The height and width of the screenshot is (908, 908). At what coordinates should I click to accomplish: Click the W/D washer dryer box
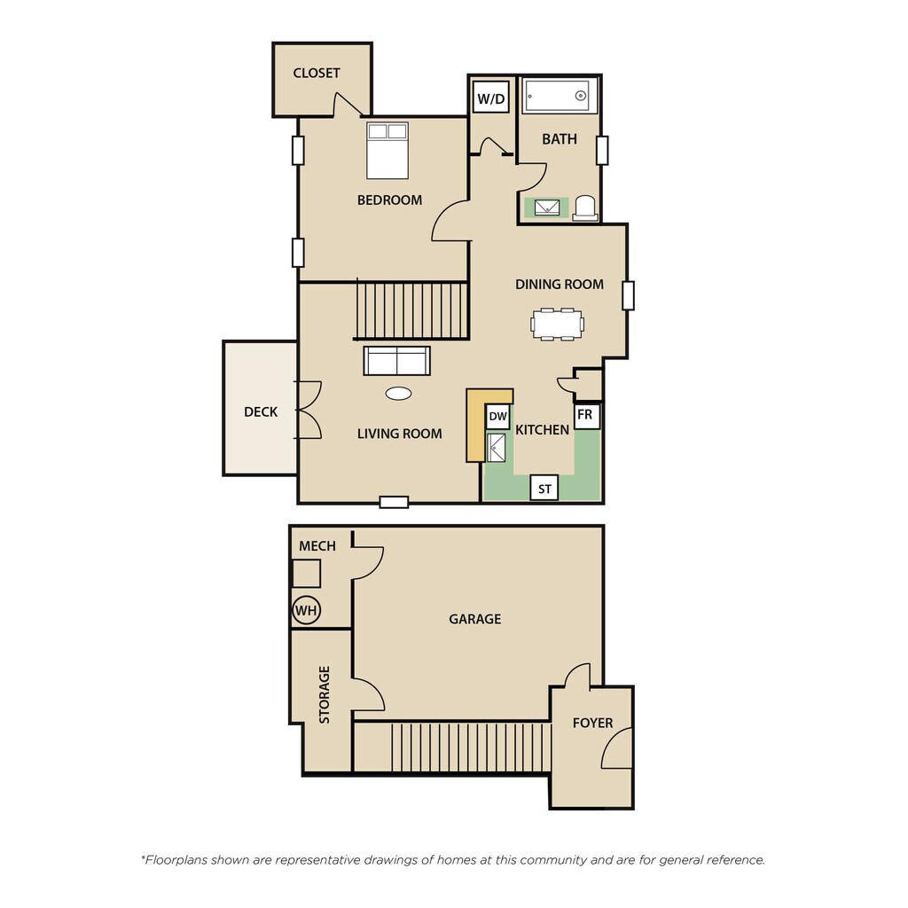pyautogui.click(x=490, y=97)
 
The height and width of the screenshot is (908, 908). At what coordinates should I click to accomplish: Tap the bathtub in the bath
pyautogui.click(x=560, y=96)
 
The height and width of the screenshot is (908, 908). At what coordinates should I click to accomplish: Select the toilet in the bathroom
pyautogui.click(x=585, y=208)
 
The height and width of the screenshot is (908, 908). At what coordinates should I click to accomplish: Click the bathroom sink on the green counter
pyautogui.click(x=546, y=207)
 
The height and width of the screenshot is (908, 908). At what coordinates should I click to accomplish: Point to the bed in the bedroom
pyautogui.click(x=387, y=150)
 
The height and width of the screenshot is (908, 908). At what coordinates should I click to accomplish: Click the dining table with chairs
pyautogui.click(x=558, y=324)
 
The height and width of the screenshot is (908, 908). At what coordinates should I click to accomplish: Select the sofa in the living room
pyautogui.click(x=396, y=361)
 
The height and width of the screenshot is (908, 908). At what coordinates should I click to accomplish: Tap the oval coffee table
pyautogui.click(x=398, y=394)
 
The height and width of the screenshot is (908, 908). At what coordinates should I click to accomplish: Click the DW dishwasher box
pyautogui.click(x=497, y=416)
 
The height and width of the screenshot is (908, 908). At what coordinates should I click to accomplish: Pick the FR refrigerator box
pyautogui.click(x=586, y=415)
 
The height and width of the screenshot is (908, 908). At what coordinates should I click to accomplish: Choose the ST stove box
pyautogui.click(x=544, y=489)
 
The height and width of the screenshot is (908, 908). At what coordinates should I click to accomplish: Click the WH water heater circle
pyautogui.click(x=306, y=610)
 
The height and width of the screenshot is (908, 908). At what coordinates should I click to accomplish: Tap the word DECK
pyautogui.click(x=261, y=411)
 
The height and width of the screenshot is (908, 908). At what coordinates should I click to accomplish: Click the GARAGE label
pyautogui.click(x=474, y=619)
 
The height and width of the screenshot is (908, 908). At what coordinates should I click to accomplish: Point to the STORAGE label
pyautogui.click(x=324, y=694)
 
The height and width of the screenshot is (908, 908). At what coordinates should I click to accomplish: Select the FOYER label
pyautogui.click(x=592, y=723)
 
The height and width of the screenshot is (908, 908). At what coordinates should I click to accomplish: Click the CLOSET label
pyautogui.click(x=317, y=73)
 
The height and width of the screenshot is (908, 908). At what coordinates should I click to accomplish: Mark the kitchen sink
pyautogui.click(x=496, y=447)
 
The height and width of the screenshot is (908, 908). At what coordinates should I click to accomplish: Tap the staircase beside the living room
pyautogui.click(x=411, y=309)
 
